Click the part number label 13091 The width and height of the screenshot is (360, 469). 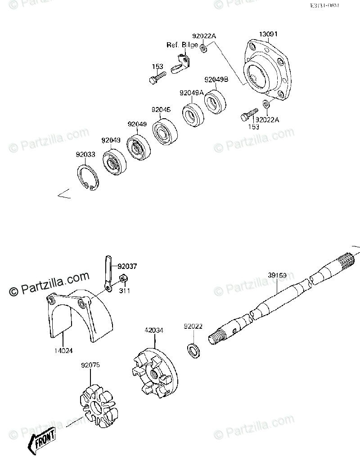pos(268,34)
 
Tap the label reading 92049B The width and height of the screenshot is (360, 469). pos(216,80)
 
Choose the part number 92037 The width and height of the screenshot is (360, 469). pos(127,266)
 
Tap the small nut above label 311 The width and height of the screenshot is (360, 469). pos(123,281)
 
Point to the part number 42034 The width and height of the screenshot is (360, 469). pos(153,330)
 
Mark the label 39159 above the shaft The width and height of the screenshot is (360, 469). pos(276,274)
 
